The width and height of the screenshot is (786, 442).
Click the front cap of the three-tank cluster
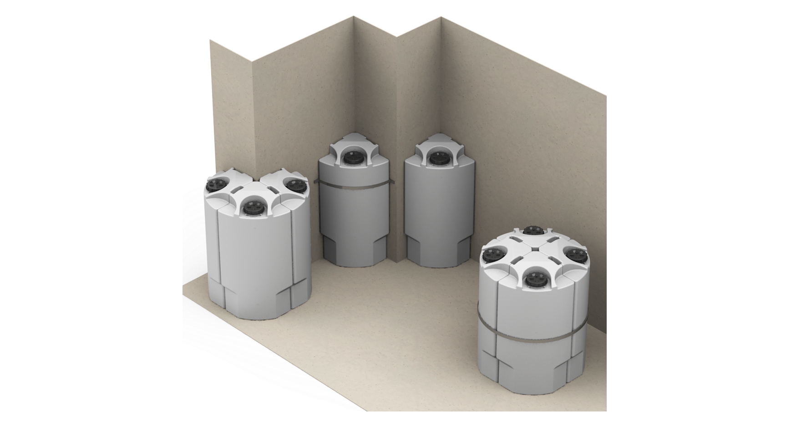click(250, 208)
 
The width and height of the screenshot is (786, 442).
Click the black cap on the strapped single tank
click(351, 158)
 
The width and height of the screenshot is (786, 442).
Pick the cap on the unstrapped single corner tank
click(437, 158)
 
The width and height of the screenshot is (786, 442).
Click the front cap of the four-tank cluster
click(531, 278)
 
